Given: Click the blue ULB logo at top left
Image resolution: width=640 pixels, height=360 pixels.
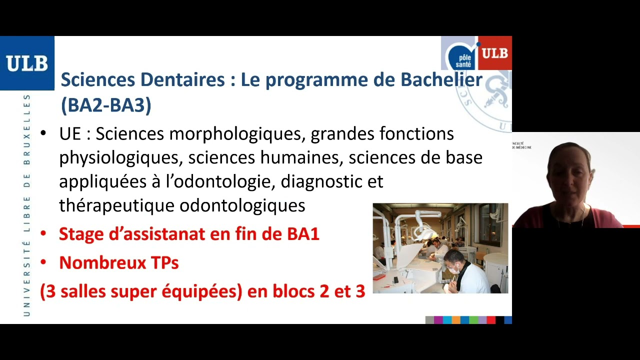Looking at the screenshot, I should point(27,63).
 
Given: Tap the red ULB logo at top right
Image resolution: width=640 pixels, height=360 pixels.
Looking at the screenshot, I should point(495,52).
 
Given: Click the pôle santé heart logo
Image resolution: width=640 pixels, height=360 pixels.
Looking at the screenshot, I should point(460,55).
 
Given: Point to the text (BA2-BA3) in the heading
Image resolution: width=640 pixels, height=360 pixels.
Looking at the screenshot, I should point(105,105).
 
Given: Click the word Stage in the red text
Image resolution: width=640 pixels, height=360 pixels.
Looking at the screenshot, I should point(83,233).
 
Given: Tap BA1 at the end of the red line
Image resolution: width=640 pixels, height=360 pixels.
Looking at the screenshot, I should point(302,233).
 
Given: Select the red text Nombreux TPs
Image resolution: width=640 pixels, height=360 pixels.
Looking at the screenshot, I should point(118,262).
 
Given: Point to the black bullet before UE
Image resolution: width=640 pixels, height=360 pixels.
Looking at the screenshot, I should point(43,134).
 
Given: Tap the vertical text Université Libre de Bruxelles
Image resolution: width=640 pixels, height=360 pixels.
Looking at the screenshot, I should point(27,205).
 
